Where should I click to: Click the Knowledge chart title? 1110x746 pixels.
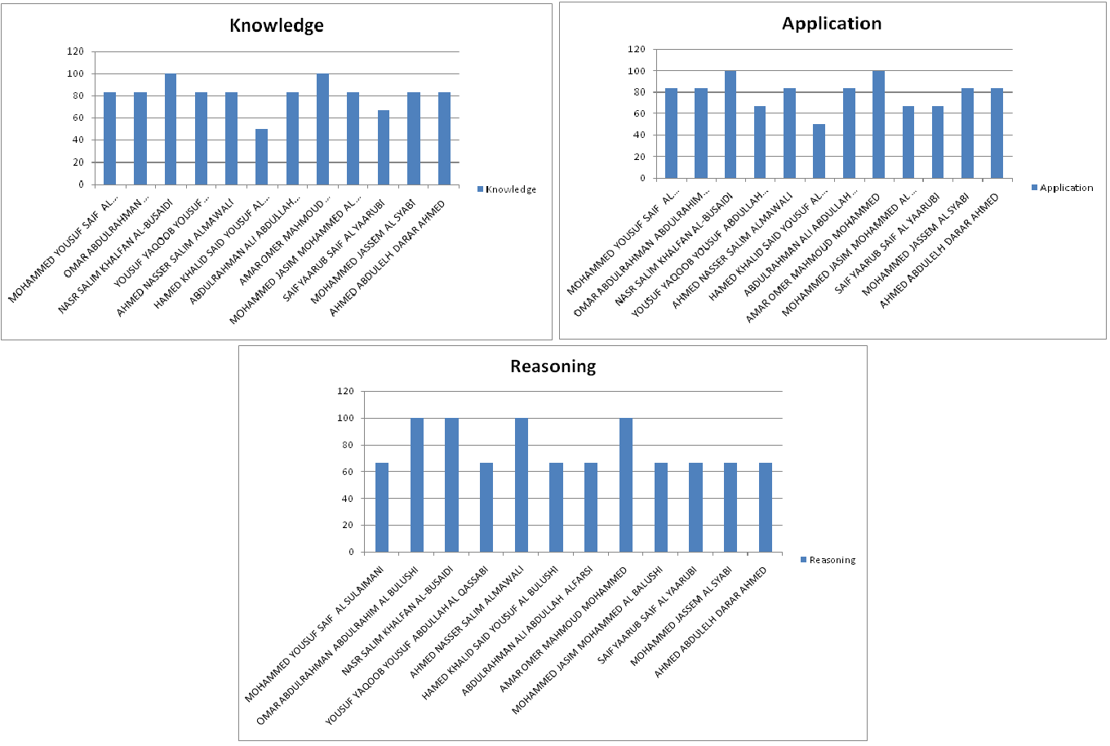pyautogui.click(x=276, y=26)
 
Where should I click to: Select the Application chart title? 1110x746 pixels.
pyautogui.click(x=831, y=24)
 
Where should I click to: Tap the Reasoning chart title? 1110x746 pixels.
pyautogui.click(x=553, y=366)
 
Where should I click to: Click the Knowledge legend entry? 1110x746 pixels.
pyautogui.click(x=507, y=189)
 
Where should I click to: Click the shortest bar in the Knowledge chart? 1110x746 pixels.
pyautogui.click(x=261, y=157)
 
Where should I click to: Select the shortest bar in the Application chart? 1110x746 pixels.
pyautogui.click(x=819, y=151)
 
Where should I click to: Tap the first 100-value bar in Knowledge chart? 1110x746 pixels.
pyautogui.click(x=170, y=129)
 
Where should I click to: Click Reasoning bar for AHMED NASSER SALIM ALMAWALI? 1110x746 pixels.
pyautogui.click(x=522, y=485)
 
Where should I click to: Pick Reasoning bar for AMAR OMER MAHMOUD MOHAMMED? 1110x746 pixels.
pyautogui.click(x=626, y=485)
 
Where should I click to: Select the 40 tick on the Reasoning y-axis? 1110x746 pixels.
pyautogui.click(x=348, y=499)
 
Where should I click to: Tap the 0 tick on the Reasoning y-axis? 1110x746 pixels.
pyautogui.click(x=351, y=552)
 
